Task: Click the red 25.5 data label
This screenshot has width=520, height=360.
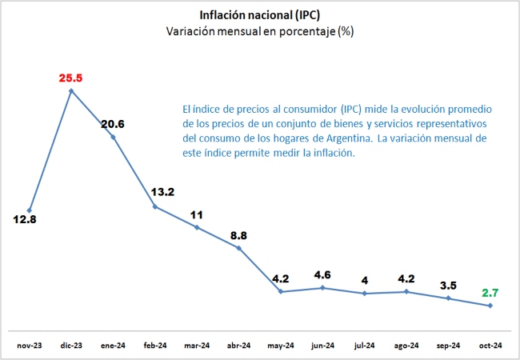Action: [x=71, y=78]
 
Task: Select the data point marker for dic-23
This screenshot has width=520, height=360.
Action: [x=71, y=90]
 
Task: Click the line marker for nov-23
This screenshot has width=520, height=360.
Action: [x=30, y=210]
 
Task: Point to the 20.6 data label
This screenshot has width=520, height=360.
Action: [x=113, y=124]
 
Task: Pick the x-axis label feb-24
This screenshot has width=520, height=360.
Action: [x=154, y=346]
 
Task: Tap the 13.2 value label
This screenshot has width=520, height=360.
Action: [x=163, y=192]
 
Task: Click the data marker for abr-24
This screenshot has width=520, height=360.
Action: [x=238, y=247]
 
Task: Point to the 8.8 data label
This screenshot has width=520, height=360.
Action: [x=238, y=236]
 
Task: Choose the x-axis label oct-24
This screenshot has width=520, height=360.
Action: [x=490, y=346]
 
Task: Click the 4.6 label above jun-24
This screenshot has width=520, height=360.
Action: [x=322, y=275]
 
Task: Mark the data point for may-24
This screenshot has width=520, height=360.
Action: [x=280, y=291]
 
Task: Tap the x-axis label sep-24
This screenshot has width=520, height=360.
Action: [x=448, y=346]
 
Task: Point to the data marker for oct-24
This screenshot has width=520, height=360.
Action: [x=490, y=306]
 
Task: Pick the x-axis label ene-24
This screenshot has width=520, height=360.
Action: [x=113, y=346]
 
